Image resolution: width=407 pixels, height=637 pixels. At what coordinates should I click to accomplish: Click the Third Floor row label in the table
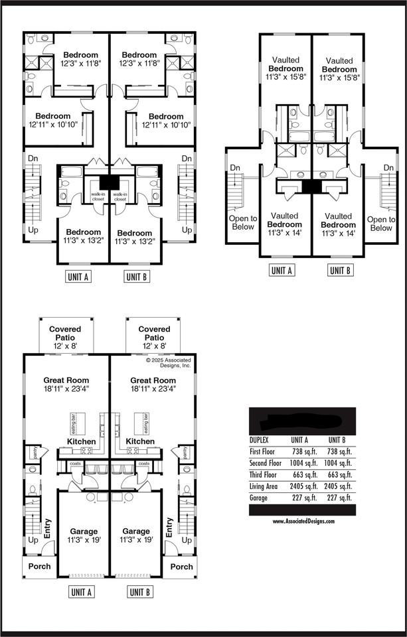pos(265,474)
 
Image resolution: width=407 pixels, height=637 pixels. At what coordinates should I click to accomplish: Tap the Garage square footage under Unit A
pos(302,497)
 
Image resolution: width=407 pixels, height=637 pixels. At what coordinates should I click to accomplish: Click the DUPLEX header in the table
pos(259,440)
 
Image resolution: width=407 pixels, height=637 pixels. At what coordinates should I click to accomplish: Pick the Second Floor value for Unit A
pos(302,462)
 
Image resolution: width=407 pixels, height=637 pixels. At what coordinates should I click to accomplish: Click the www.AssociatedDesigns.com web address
pos(303,522)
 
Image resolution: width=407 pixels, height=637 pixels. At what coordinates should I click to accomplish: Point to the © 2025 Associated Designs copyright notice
pos(168,363)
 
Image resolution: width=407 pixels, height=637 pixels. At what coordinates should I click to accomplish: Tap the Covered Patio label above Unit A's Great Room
pos(65,333)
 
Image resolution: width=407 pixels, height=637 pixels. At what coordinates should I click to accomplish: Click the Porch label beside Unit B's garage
pos(181,566)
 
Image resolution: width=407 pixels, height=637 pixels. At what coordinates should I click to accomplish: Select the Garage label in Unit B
pos(136,535)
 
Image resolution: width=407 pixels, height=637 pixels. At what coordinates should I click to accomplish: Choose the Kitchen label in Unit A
pos(81,441)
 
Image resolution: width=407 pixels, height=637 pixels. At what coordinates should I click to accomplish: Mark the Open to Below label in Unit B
pos(381,224)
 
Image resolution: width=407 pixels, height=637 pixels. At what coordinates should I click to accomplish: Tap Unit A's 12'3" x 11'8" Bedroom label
pos(80,59)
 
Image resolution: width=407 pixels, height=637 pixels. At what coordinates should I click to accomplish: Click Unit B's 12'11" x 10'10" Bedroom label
pos(166,120)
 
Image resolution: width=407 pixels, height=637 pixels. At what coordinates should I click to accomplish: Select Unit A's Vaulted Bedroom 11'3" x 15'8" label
pos(285,68)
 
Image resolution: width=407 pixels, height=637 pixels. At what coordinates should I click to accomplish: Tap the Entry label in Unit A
pos(47,528)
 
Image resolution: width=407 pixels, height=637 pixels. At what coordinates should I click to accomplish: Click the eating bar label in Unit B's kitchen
pos(146,421)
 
